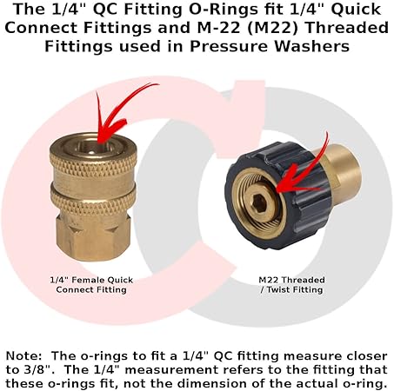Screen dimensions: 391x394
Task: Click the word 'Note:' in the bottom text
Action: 27,356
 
